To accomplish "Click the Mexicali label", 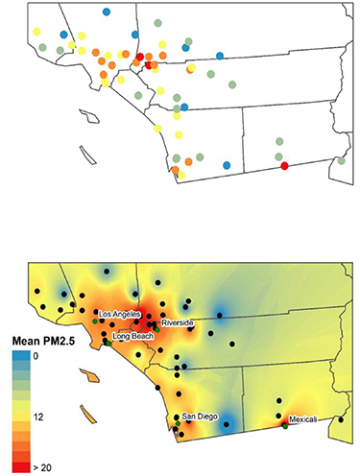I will tap(305, 419).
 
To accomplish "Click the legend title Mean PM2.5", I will tap(38, 339).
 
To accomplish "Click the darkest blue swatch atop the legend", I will tap(20, 356).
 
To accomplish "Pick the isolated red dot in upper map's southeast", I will tap(284, 166).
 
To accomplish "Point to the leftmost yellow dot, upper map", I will tap(36, 32).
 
